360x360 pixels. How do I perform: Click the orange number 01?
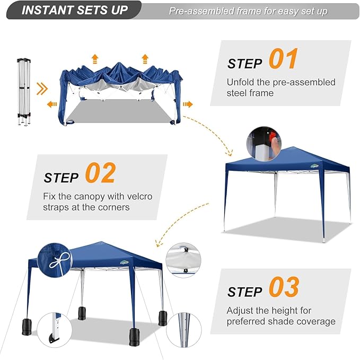(283, 58)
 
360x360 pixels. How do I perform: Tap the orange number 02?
(100, 173)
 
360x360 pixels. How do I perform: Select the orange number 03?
(284, 286)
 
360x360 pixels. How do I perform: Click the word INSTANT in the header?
(47, 10)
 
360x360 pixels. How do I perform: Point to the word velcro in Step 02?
(139, 196)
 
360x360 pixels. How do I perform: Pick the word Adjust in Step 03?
(240, 311)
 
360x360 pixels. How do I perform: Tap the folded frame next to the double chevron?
(24, 92)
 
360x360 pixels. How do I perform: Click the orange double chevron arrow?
(42, 89)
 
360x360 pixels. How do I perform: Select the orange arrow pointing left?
(52, 104)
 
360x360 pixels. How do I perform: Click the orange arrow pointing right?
(188, 104)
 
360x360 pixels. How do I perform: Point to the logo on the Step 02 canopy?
(314, 166)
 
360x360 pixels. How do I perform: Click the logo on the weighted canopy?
(125, 262)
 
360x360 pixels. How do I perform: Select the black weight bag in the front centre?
(134, 337)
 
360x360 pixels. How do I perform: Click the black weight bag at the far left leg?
(27, 327)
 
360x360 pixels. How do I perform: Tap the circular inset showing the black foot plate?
(55, 330)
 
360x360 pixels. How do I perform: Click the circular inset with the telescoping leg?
(184, 330)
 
